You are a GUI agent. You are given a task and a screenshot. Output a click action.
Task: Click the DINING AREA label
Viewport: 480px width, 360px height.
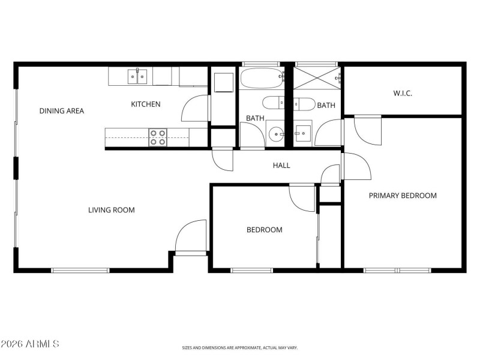61,111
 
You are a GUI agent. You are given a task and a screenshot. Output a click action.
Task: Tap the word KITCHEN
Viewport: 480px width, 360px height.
146,104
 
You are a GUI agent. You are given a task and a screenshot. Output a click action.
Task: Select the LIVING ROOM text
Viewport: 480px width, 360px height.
111,210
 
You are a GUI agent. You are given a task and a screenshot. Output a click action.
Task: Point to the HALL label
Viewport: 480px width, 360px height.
281,166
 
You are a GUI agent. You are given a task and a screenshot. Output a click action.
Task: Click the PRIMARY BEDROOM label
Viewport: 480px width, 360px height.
402,196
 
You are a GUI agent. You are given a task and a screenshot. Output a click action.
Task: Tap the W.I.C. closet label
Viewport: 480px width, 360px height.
403,94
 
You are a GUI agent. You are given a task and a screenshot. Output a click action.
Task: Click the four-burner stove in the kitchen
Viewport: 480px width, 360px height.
157,137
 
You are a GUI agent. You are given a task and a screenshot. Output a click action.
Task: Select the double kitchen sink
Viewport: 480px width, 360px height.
137,76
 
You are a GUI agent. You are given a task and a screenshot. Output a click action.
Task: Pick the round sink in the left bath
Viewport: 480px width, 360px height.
275,133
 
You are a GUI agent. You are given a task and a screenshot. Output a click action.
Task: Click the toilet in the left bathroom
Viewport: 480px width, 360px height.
274,102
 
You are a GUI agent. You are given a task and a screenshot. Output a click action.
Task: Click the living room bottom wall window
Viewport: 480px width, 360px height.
80,270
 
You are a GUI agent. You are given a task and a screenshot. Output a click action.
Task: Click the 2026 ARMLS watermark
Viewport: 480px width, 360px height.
30,344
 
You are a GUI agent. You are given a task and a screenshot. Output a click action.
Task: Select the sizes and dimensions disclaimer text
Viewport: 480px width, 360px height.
240,347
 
